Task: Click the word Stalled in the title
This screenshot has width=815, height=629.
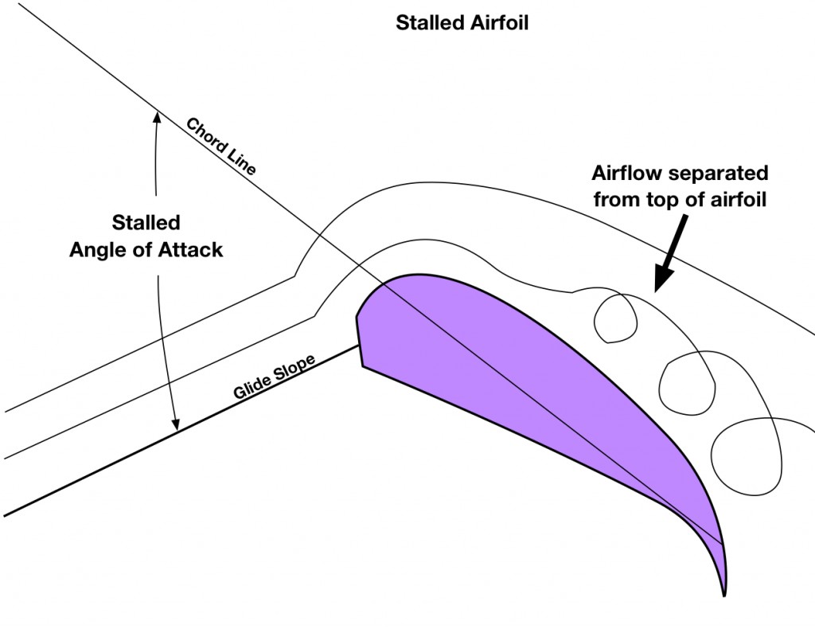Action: tap(427, 22)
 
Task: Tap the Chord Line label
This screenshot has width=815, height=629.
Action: tap(220, 147)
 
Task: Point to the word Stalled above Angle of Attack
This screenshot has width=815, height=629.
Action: tap(146, 222)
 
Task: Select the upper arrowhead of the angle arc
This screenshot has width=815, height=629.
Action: tap(157, 119)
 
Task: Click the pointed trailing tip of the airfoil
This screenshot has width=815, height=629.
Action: tap(724, 593)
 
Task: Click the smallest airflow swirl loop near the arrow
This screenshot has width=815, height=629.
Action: tap(617, 318)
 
